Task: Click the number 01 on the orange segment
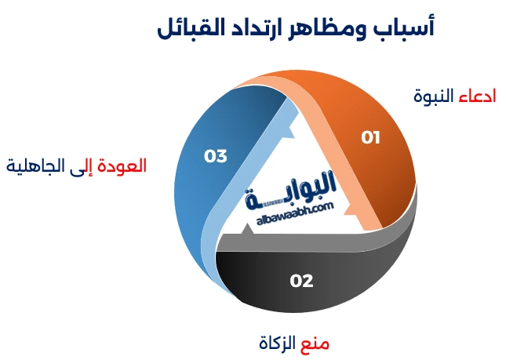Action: (x=370, y=138)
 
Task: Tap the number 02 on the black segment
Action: (x=301, y=281)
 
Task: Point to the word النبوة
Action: (x=434, y=96)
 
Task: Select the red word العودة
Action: (x=126, y=166)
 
